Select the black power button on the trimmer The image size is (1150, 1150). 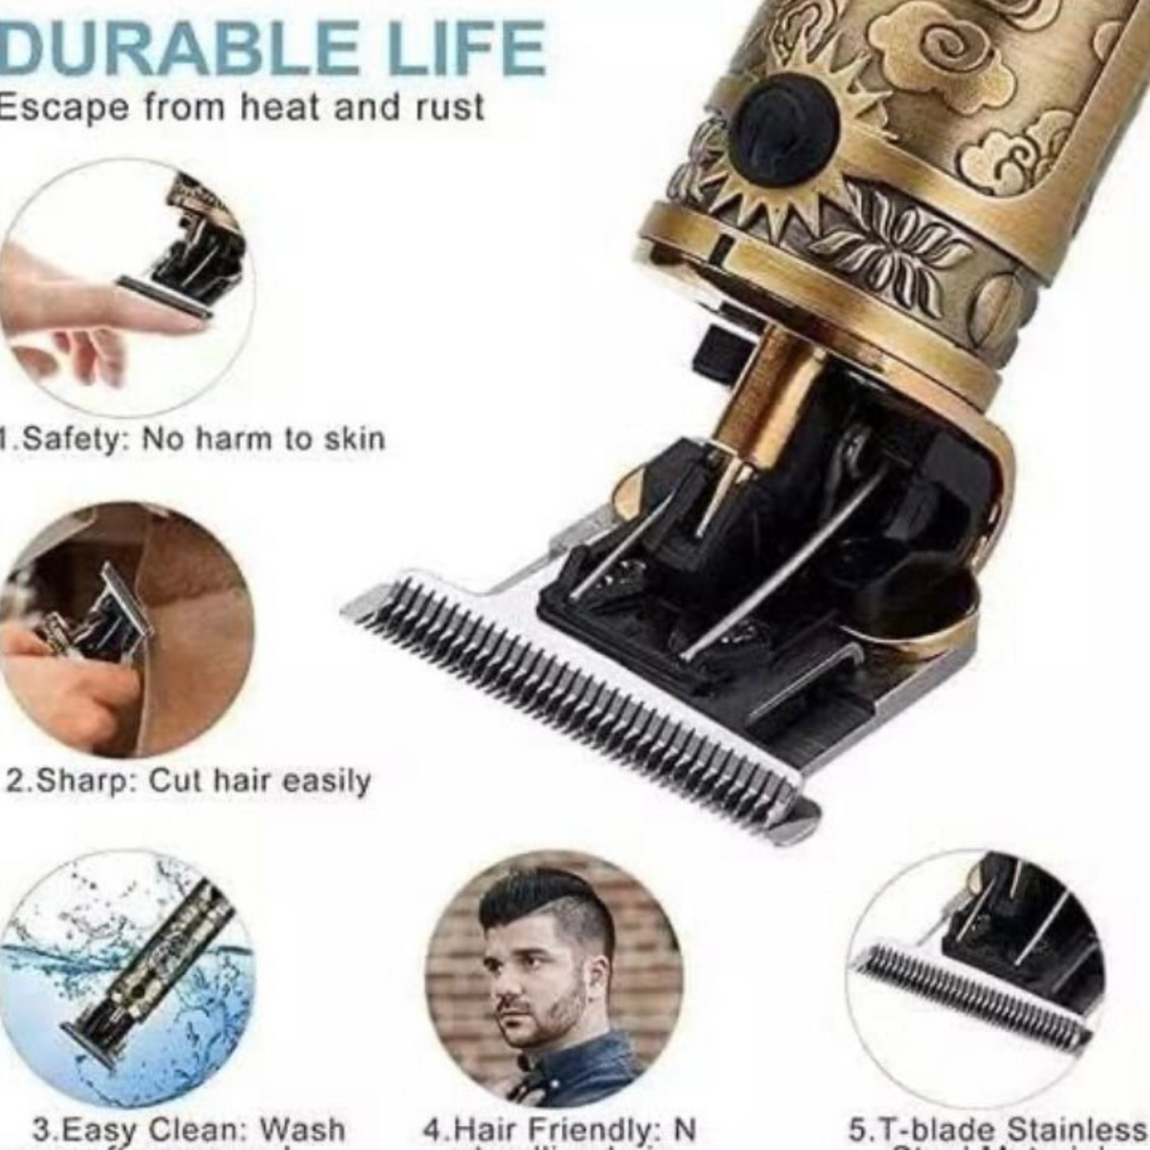783,127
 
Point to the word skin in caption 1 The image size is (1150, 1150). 355,439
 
